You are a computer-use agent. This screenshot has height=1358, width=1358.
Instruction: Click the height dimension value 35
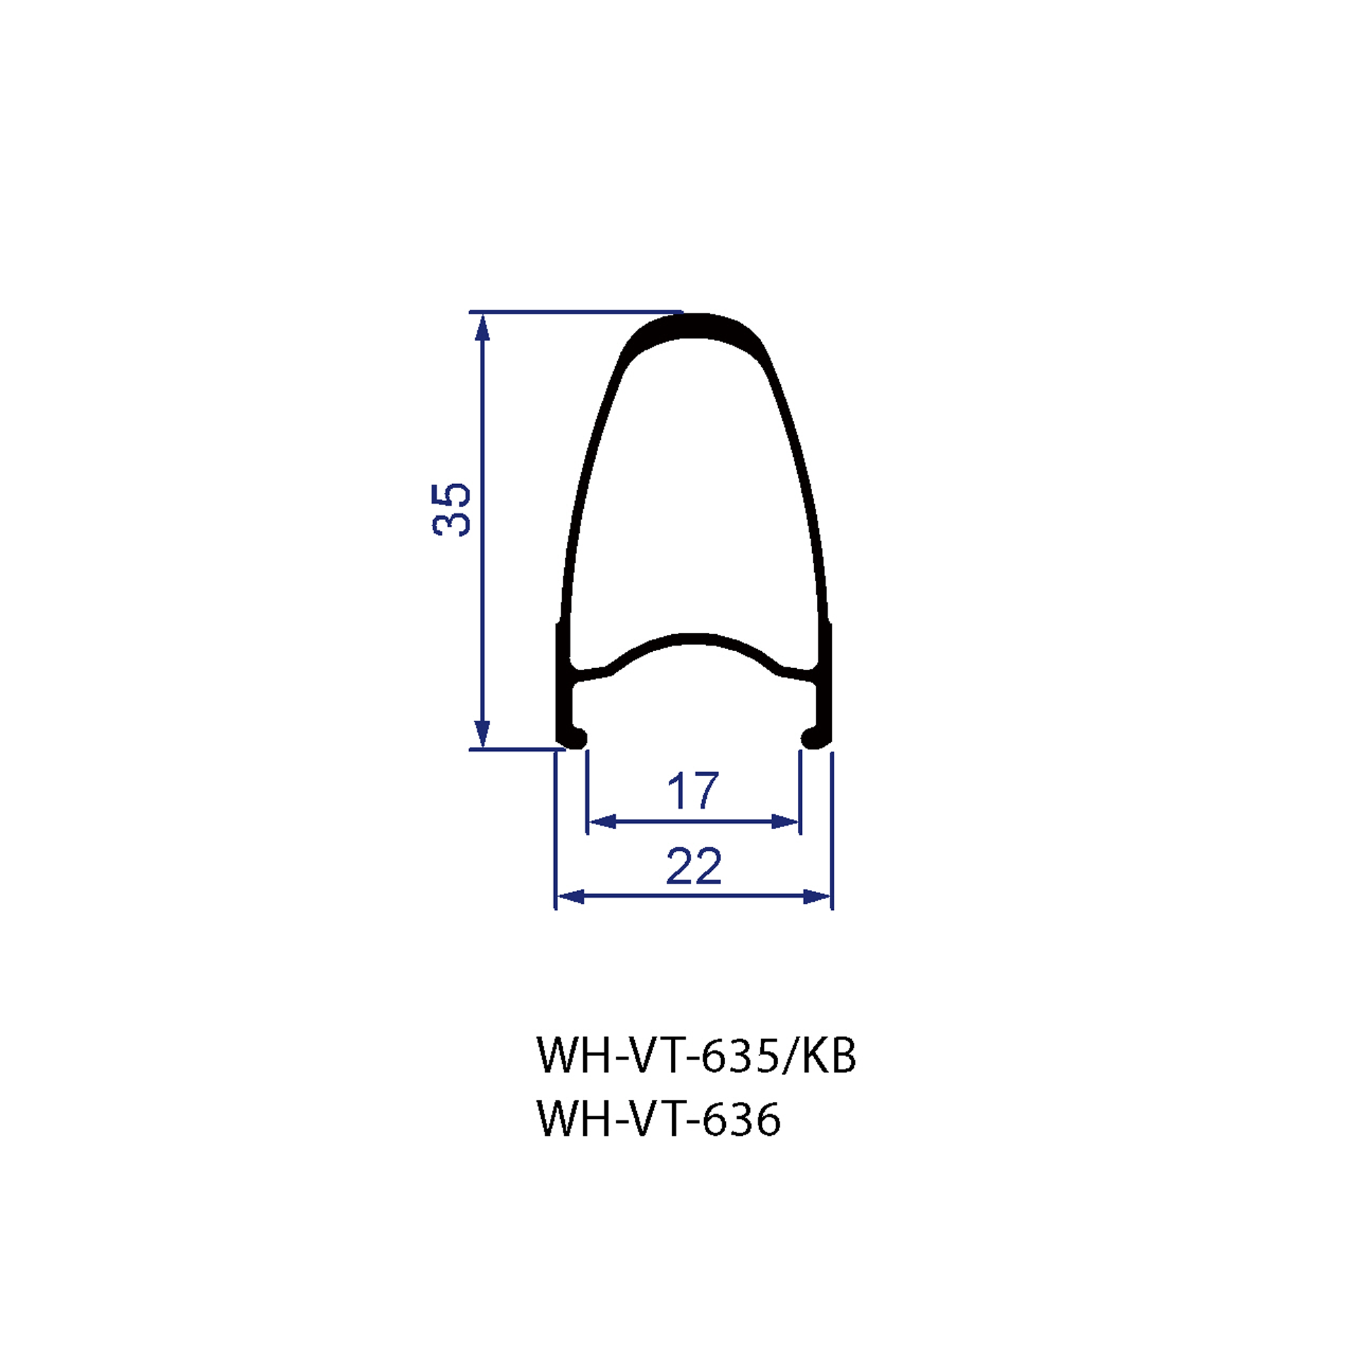tap(452, 511)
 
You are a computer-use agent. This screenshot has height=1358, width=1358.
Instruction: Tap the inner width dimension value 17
tap(693, 791)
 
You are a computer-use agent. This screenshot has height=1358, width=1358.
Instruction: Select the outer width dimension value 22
tap(694, 866)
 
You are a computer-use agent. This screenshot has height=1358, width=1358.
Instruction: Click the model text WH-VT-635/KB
tap(696, 1055)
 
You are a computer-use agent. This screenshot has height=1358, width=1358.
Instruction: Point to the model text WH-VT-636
tap(659, 1118)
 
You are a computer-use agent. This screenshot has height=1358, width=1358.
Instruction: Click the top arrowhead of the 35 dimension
tap(482, 327)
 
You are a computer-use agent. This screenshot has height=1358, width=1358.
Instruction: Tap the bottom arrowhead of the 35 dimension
tap(482, 735)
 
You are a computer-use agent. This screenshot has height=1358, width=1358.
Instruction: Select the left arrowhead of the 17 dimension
tap(602, 822)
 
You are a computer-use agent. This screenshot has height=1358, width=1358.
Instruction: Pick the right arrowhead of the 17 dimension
tap(786, 822)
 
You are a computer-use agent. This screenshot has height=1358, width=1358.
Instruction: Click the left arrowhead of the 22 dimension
tap(570, 896)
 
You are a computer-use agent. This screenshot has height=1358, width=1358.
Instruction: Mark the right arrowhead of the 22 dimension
tap(818, 896)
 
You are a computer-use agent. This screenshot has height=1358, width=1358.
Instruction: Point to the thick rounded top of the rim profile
tap(693, 325)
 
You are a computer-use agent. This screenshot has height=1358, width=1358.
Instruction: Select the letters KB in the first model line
tap(830, 1055)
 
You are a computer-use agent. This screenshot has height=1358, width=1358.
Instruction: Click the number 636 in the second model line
tap(741, 1118)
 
